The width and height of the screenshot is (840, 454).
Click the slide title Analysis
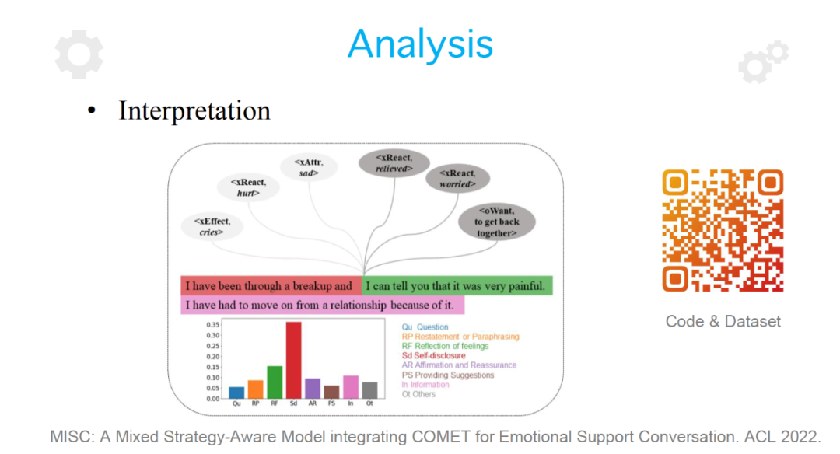420,44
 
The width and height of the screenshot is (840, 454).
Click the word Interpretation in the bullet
194,111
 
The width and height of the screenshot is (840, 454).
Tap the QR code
723,230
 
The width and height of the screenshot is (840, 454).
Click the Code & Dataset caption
723,321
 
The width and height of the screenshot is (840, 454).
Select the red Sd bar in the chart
293,360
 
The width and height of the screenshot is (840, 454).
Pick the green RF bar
275,382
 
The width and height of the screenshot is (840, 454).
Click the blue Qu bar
236,393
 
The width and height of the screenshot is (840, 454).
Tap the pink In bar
351,387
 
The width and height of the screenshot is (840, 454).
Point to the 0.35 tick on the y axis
212,325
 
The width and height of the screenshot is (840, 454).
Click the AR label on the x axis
313,403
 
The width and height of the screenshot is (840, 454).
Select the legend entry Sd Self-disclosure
433,355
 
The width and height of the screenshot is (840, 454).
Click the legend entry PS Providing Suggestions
448,375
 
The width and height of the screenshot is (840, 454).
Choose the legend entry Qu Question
425,327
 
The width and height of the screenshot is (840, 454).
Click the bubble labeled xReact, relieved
394,163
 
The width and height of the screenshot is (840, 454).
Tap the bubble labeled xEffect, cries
212,226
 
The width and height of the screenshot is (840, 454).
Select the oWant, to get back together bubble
496,222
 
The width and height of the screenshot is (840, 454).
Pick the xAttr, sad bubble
309,168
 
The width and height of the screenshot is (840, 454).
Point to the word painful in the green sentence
526,286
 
